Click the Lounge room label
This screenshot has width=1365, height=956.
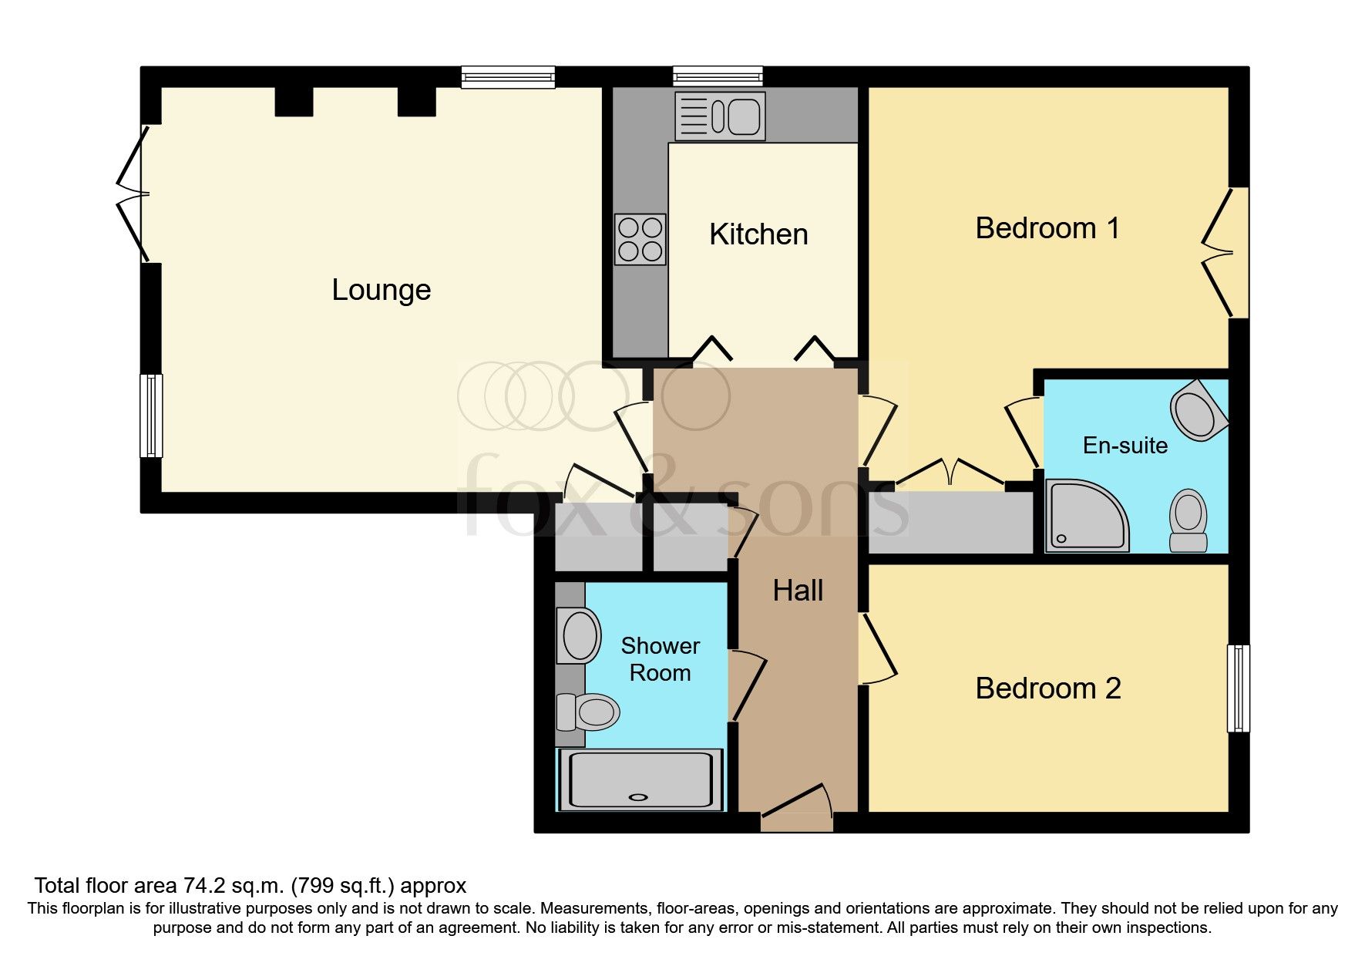(x=381, y=291)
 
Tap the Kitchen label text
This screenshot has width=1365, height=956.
(x=758, y=234)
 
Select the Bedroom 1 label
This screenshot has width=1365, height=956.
(x=1047, y=228)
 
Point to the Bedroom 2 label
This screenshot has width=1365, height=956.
(x=1047, y=688)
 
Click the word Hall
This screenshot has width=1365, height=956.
(x=798, y=591)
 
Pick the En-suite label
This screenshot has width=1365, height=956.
(x=1125, y=446)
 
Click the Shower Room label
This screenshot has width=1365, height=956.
(x=660, y=659)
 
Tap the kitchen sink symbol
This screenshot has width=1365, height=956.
(x=720, y=116)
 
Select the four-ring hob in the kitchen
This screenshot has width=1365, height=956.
(x=640, y=240)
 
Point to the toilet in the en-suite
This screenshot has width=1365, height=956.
(x=1188, y=520)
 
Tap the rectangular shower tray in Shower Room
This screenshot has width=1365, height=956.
(x=640, y=779)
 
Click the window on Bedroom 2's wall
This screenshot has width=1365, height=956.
(x=1238, y=688)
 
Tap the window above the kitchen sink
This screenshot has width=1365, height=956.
(x=718, y=76)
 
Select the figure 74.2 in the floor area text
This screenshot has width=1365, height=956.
(x=203, y=886)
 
